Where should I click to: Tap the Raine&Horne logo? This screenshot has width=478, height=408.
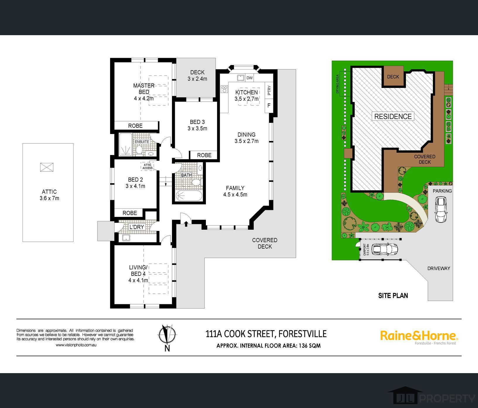point(419,337)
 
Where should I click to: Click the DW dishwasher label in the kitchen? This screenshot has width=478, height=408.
point(250,78)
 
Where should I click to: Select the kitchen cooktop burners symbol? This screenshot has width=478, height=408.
point(224,89)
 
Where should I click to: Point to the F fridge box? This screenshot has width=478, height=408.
point(269,105)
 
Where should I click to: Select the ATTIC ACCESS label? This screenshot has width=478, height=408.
point(148,166)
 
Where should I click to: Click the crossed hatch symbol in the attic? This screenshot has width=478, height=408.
point(47,167)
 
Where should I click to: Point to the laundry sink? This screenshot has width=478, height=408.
point(126,238)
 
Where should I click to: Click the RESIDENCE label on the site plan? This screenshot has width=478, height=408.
point(393,116)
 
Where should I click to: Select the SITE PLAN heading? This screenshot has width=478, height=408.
point(393,295)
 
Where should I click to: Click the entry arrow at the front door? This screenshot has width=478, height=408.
point(186,224)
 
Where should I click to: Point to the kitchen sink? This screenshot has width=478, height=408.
point(241,78)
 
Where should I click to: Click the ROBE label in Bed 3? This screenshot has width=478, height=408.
point(204,155)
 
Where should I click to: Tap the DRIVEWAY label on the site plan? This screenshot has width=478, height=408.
point(438,268)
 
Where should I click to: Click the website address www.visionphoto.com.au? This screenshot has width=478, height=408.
point(76,345)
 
